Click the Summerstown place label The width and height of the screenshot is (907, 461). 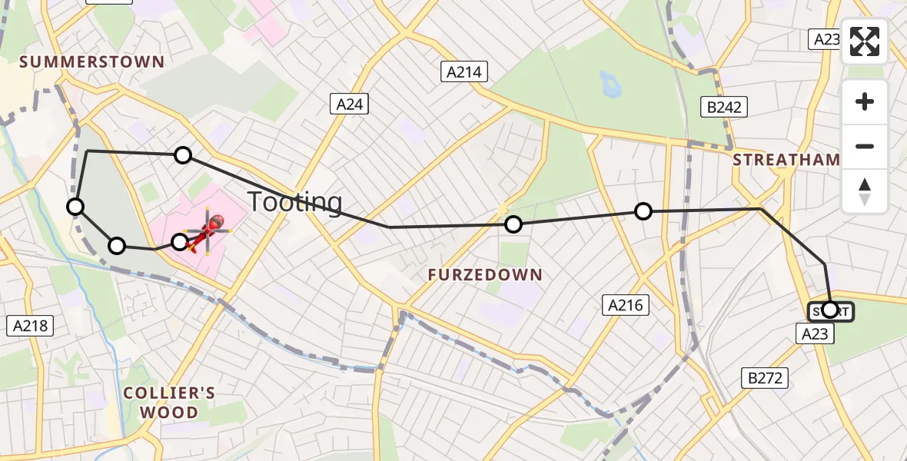tap(92, 62)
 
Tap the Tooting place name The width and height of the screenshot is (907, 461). tap(294, 202)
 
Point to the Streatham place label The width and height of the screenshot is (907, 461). tap(786, 160)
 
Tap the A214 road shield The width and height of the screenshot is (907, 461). tap(464, 72)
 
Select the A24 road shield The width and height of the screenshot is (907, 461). tap(349, 104)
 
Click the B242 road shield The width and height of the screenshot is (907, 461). tap(724, 107)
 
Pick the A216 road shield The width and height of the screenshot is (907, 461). tap(625, 305)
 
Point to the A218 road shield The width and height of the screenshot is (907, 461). tap(31, 325)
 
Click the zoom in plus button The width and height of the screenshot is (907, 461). tap(865, 102)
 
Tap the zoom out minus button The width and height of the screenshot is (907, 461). tap(865, 146)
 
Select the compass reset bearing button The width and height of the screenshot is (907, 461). tap(865, 191)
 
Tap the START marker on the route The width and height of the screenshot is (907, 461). tap(830, 310)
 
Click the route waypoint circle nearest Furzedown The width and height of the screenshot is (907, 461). tap(513, 224)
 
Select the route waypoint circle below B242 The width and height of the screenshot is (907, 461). tap(643, 211)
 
